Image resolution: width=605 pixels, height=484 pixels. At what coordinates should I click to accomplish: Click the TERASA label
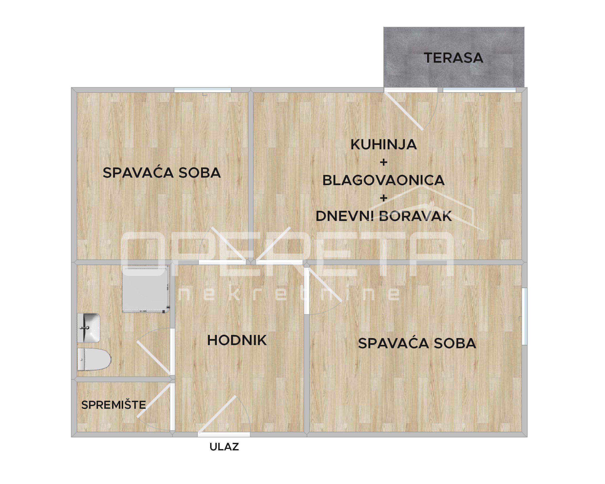tap(454, 58)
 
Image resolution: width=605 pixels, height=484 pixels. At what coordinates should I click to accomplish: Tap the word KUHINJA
tap(384, 144)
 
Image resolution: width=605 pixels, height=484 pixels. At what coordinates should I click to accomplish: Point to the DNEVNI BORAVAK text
tap(384, 216)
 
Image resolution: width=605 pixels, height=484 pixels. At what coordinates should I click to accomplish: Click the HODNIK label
tap(237, 340)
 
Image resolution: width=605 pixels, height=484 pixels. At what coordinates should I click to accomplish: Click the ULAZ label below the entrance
tap(224, 447)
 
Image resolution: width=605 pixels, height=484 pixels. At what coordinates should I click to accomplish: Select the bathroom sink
tap(88, 328)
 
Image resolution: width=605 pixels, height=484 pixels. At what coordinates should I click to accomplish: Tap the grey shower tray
tap(146, 289)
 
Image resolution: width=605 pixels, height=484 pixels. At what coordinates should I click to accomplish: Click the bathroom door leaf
tap(153, 358)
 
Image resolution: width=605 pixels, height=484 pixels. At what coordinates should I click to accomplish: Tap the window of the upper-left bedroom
tap(203, 90)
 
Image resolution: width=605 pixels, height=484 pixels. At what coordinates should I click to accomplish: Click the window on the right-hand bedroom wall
tap(524, 316)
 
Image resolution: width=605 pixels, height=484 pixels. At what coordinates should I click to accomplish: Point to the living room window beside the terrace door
tap(479, 90)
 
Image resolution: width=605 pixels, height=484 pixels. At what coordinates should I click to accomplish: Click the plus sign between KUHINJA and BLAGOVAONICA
tap(383, 162)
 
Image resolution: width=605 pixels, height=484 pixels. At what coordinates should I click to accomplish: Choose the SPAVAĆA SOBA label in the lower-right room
tap(417, 343)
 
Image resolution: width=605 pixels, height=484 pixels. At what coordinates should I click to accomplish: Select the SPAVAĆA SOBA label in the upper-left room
tap(162, 173)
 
